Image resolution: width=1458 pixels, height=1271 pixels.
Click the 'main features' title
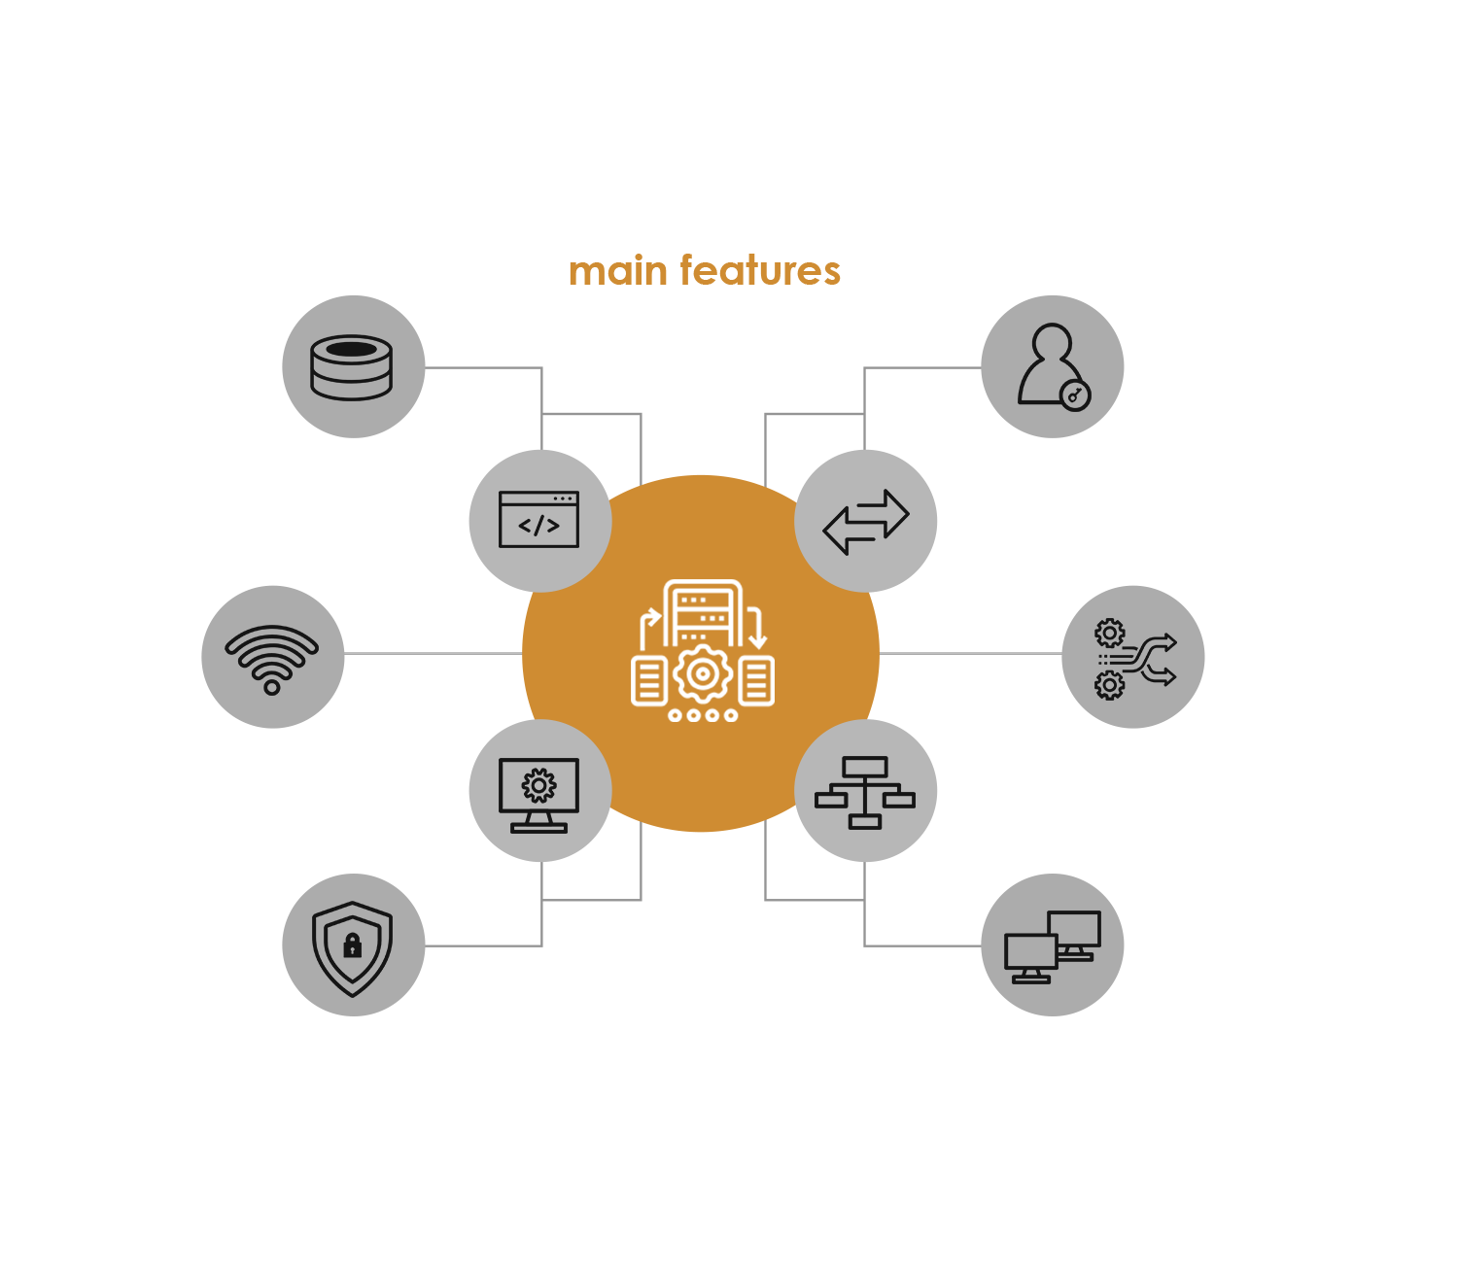coord(705,270)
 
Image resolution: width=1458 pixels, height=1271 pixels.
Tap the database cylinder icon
coord(352,367)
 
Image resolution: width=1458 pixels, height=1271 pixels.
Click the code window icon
coord(538,520)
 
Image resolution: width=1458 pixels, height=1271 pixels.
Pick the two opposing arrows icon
coord(866,521)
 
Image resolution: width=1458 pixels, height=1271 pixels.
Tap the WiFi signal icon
coord(272,658)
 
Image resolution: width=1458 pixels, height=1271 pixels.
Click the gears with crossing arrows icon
coord(1134,658)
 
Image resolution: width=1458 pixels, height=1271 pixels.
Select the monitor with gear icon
coord(538,793)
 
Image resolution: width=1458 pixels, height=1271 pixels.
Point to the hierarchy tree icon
coord(865,792)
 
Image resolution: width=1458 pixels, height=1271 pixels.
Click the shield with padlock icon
coord(353,946)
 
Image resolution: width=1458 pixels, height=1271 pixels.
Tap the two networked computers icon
coord(1053,946)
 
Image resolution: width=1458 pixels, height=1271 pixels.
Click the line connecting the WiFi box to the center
coord(433,653)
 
